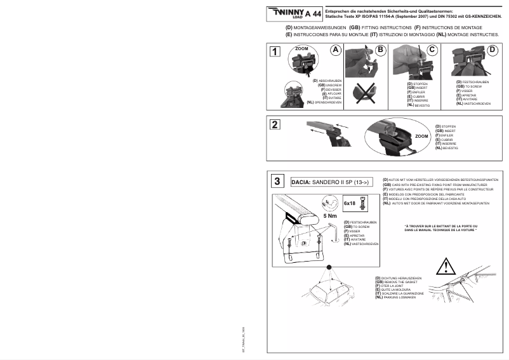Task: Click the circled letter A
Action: pyautogui.click(x=336, y=50)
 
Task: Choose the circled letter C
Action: pyautogui.click(x=432, y=50)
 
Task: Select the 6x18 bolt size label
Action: pyautogui.click(x=349, y=203)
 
